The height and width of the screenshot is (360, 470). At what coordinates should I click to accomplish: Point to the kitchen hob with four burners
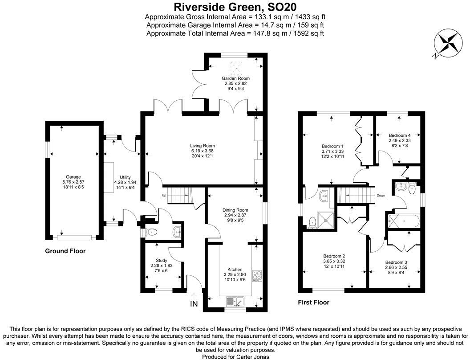257,276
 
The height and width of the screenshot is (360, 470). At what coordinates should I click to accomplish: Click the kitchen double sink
235,302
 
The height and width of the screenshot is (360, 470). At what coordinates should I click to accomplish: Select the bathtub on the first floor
403,221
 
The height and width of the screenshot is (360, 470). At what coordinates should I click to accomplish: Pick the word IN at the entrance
194,304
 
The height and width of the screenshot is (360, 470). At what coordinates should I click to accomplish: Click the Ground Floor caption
65,251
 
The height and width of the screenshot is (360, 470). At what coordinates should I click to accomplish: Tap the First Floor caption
313,303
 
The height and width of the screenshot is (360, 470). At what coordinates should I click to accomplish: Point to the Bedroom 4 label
399,135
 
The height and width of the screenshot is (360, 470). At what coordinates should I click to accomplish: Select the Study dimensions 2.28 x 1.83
161,266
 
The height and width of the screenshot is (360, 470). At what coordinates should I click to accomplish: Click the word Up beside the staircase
164,196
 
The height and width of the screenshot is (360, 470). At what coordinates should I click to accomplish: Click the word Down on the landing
381,196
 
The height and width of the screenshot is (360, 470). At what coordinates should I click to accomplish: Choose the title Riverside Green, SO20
235,7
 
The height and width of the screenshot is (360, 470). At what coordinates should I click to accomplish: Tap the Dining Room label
235,210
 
